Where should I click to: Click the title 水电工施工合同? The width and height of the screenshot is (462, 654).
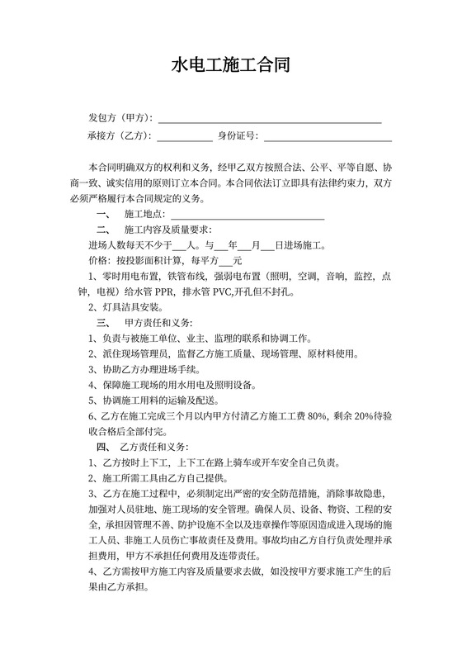[x=230, y=65]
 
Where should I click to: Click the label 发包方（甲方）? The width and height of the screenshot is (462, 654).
[x=120, y=118]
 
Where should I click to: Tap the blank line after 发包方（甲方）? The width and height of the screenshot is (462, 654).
[x=270, y=121]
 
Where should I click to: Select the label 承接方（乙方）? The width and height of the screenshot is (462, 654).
[x=120, y=135]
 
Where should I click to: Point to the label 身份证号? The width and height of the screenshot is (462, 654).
[x=238, y=135]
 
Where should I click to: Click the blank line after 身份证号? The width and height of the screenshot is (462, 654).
[x=321, y=139]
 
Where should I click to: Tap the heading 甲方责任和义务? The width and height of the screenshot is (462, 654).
[x=160, y=322]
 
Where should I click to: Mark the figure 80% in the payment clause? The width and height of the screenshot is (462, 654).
[x=317, y=416]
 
